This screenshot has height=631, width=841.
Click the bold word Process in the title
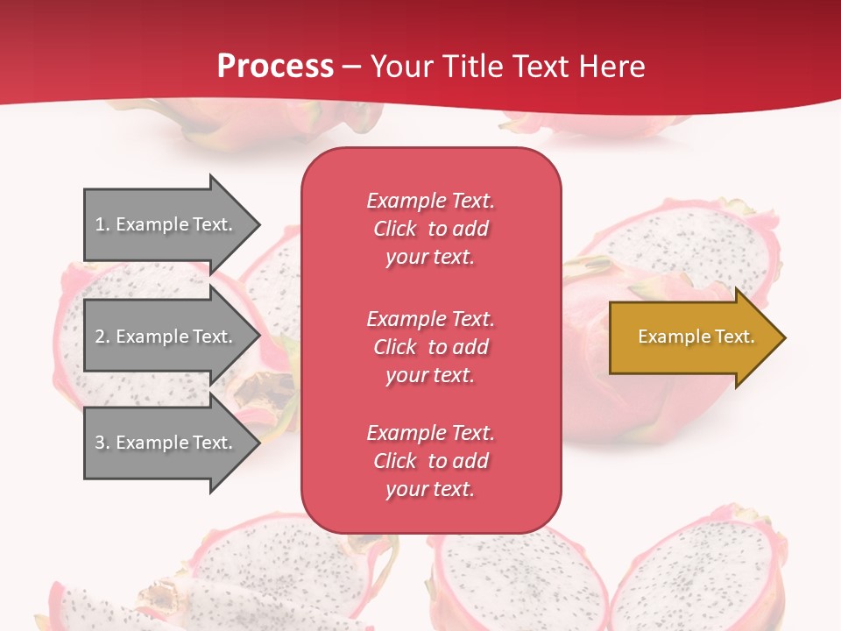coord(275,67)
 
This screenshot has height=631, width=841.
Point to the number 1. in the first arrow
coord(102,224)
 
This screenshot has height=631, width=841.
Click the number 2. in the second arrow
coord(102,337)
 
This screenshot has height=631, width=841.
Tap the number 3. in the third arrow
coord(102,443)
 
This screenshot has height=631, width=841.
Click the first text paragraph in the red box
coord(430,229)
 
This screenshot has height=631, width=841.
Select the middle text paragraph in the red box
coord(430,347)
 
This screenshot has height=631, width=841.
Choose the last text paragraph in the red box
coord(430,461)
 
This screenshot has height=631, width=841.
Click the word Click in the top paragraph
coord(395,229)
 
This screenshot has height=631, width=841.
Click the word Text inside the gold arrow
coord(734,337)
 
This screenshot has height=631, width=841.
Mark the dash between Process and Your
coord(351,67)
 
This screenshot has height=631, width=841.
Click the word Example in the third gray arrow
coord(152,443)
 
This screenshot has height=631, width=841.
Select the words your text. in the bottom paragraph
coord(430,489)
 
